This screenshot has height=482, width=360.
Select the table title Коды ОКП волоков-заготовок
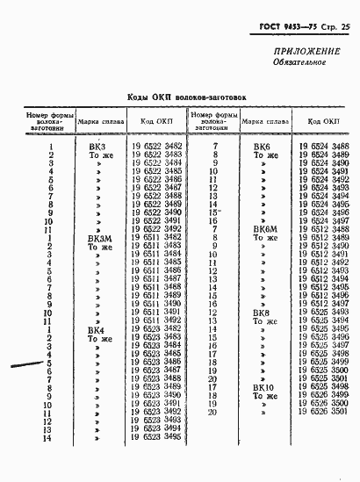176,99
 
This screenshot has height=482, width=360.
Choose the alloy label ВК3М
99,237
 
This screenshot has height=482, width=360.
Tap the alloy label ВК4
97,329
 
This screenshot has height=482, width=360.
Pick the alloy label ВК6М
264,228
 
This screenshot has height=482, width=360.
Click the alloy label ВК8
262,312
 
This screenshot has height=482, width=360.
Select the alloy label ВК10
263,386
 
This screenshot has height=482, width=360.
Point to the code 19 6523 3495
157,436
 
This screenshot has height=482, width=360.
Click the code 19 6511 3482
157,237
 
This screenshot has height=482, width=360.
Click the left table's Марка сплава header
98,121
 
